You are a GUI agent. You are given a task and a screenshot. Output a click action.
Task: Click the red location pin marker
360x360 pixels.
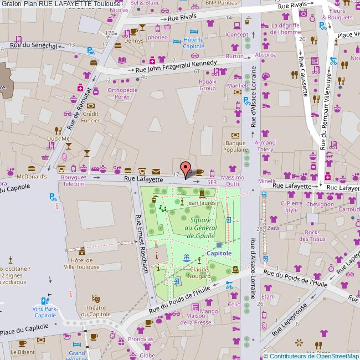(186, 167)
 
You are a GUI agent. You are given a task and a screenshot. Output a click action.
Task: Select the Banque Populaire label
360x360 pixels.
(235, 146)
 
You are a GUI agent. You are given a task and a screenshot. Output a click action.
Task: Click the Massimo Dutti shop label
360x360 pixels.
(233, 180)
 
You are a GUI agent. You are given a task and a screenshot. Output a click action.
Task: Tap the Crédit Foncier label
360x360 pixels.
(90, 117)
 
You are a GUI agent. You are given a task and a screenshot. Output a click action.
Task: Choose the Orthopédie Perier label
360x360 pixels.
(122, 92)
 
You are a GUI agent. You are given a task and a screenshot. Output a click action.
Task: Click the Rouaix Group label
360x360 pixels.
(207, 85)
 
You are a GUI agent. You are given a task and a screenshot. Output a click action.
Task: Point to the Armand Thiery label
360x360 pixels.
(265, 146)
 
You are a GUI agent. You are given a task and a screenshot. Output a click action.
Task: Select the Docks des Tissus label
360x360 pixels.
(315, 236)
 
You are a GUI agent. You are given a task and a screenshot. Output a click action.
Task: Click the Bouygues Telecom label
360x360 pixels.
(73, 181)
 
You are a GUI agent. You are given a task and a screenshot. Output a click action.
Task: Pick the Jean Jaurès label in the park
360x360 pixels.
(201, 203)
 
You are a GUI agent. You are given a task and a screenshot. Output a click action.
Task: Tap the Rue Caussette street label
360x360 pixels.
(303, 75)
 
